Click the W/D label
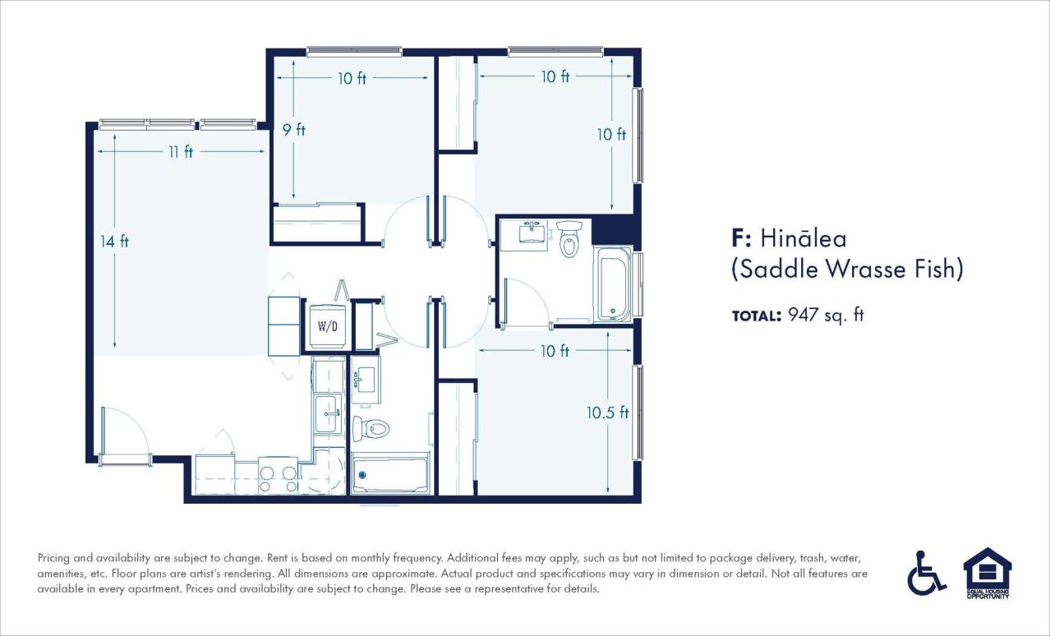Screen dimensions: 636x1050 coord(327,326)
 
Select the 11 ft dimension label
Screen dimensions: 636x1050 coord(180,151)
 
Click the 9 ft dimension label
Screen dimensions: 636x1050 coord(293,130)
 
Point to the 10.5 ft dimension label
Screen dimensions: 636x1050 coord(607,412)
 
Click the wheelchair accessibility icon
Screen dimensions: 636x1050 coord(927,573)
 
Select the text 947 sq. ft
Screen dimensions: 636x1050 coord(826,314)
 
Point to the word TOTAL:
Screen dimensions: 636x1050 coord(756,315)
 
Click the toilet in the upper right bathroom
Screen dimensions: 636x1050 coord(569,238)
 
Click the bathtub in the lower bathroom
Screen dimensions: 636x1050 coord(390,475)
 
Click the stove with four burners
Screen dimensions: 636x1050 coord(278,477)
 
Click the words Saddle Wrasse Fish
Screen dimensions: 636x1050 coord(846,269)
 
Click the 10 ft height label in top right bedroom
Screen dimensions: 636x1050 coord(611,134)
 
